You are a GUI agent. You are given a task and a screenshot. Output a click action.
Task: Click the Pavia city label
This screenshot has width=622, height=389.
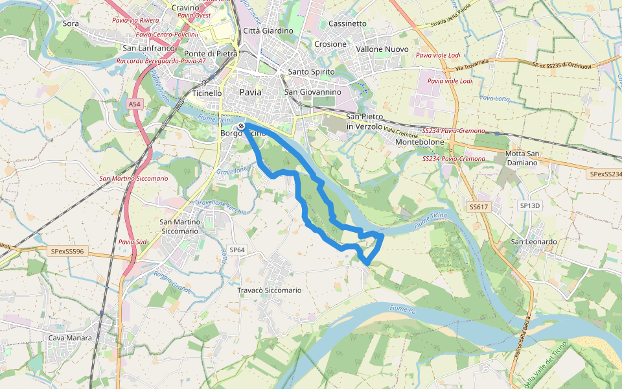251,92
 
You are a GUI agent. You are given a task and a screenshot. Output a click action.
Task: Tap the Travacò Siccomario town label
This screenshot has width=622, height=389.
269,290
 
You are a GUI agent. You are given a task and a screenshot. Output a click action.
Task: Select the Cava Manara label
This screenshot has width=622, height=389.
70,338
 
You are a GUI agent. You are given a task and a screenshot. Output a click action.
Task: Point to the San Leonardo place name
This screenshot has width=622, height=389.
535,242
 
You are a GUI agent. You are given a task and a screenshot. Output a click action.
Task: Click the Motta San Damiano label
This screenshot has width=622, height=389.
522,158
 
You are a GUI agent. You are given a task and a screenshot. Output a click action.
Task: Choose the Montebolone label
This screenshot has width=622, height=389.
419,141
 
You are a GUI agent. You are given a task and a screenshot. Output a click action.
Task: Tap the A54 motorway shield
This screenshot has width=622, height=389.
134,104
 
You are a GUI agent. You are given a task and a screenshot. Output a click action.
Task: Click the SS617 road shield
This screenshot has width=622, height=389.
478,206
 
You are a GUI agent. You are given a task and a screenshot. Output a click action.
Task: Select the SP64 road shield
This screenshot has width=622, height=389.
238,250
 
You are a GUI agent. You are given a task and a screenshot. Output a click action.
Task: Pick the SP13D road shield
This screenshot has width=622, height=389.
529,206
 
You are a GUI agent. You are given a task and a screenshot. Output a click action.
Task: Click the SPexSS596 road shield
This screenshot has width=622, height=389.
67,251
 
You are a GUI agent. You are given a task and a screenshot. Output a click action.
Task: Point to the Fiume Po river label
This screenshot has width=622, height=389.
402,311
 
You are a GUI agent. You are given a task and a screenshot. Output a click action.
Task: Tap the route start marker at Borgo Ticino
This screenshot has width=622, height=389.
241,126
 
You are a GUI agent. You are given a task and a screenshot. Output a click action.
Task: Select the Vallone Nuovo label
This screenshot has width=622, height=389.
383,49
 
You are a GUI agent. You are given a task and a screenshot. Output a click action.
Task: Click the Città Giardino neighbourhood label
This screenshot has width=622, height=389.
268,30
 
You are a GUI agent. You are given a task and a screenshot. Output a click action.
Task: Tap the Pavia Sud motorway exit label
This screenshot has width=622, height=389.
132,242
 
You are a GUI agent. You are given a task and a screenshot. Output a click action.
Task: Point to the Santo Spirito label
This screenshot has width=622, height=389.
311,71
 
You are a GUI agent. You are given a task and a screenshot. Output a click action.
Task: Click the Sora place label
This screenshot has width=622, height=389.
71,23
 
